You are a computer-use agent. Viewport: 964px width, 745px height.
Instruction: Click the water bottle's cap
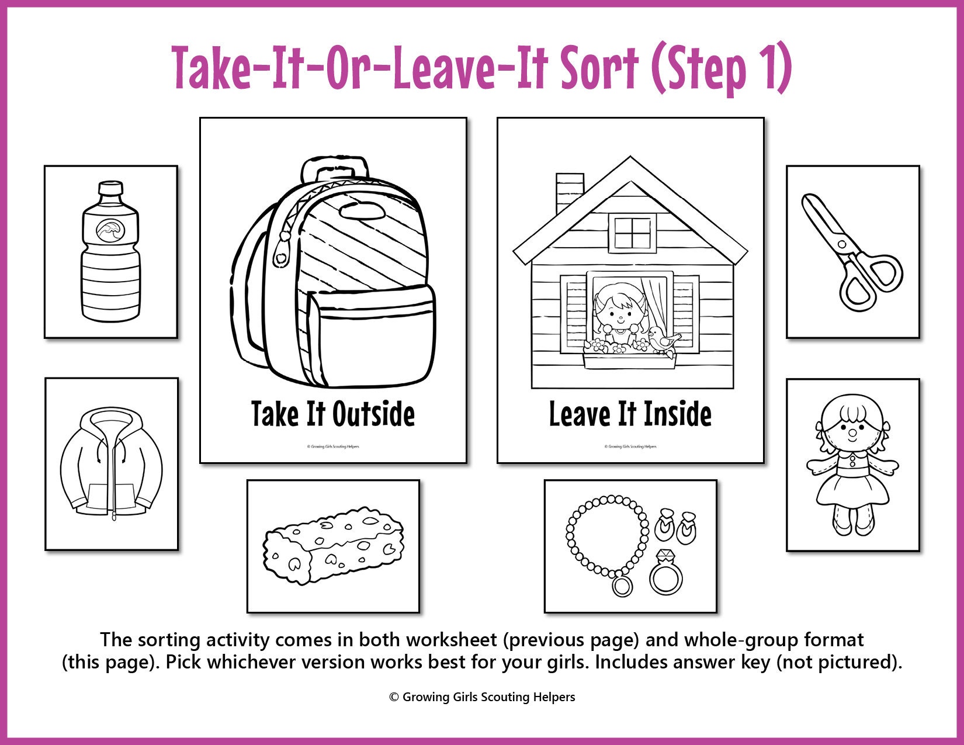coord(110,189)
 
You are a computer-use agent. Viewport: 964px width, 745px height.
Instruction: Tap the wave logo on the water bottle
coord(110,231)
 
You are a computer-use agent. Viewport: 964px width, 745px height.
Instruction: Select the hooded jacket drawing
coord(111,463)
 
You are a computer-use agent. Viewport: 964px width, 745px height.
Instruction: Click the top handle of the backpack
coord(335,169)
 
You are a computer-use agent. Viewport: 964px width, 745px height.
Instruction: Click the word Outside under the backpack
coord(374,414)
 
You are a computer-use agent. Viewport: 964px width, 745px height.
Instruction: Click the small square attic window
coord(632,233)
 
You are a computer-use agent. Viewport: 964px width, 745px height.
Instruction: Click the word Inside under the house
coord(678,414)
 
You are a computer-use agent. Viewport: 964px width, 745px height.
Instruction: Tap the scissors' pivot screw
coord(841,244)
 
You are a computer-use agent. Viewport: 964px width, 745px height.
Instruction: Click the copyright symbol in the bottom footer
coord(394,697)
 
